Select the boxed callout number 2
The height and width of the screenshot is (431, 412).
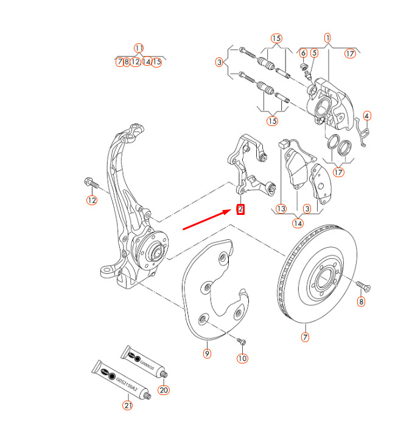click(241, 210)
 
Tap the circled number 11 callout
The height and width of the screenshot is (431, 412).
click(139, 48)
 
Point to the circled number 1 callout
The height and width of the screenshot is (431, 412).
click(328, 38)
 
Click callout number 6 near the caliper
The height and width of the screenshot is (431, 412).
click(303, 54)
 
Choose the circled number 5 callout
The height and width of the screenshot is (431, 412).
click(314, 54)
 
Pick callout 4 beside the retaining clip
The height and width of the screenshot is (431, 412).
click(367, 116)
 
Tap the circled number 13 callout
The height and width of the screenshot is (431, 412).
click(281, 209)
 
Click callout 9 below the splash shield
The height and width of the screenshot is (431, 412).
click(207, 353)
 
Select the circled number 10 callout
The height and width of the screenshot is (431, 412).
click(243, 359)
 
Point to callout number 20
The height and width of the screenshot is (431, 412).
click(163, 390)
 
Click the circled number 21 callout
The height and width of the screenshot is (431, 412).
click(127, 405)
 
